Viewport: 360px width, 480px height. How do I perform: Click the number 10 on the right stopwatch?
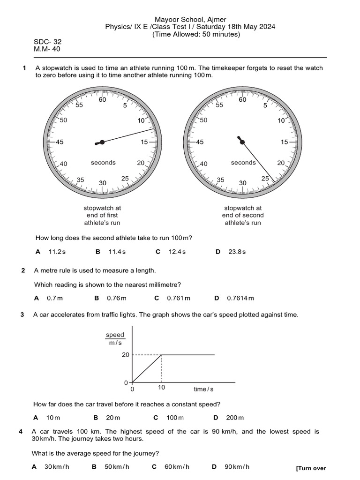(x=281, y=120)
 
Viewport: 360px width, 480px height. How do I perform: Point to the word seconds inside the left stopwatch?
(x=103, y=163)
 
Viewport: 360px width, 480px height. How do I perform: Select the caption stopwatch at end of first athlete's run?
(x=102, y=215)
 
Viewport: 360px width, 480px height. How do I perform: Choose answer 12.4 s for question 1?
(x=177, y=252)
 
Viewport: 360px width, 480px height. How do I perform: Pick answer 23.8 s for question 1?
(x=237, y=252)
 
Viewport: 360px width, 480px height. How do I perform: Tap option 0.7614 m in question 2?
(x=240, y=298)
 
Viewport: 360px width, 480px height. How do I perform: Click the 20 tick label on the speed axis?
(x=125, y=355)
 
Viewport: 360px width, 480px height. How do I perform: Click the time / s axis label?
(x=203, y=389)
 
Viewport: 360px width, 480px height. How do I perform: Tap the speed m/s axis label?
(x=115, y=339)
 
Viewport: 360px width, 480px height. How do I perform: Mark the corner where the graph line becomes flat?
(x=162, y=355)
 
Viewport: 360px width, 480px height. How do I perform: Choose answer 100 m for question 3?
(x=175, y=418)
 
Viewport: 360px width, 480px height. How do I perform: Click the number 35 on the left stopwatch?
(x=80, y=180)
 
